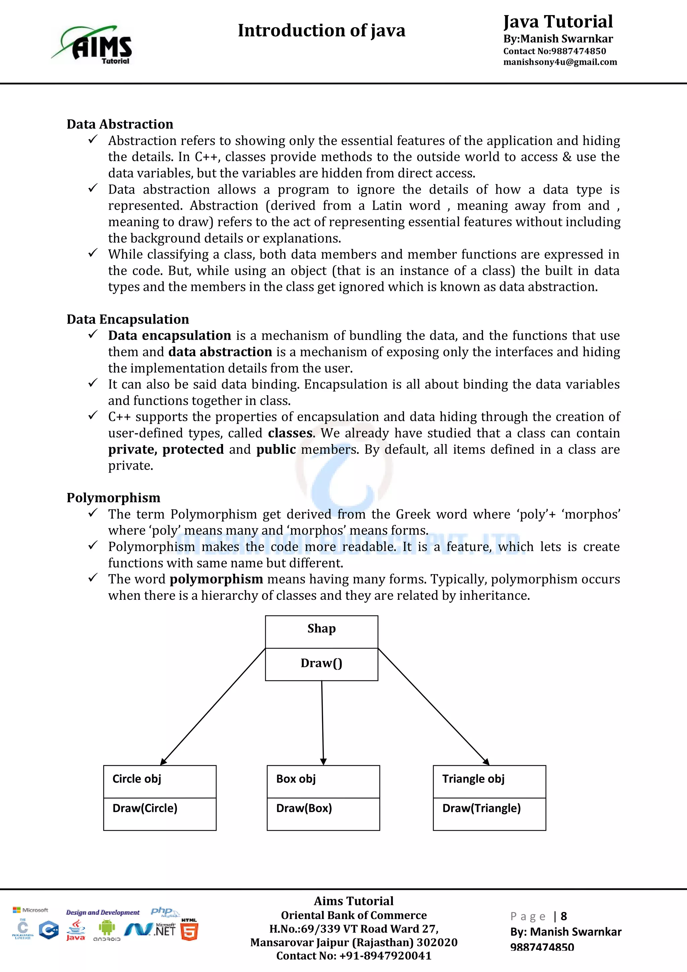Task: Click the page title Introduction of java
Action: (x=321, y=31)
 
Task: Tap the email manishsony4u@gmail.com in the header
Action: (x=560, y=62)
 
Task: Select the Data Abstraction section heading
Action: (x=120, y=124)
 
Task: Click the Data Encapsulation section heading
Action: (x=128, y=319)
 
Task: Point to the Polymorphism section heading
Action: (x=113, y=498)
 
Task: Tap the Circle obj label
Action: (x=137, y=779)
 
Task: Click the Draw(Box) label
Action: (x=304, y=808)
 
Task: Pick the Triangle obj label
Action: (x=473, y=779)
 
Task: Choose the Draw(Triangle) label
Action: (x=481, y=808)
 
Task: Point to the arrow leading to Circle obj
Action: (x=212, y=707)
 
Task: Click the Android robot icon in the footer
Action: (x=107, y=928)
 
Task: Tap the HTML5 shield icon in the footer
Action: (x=189, y=931)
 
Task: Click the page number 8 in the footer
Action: (x=564, y=917)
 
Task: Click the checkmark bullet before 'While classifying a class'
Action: (x=93, y=253)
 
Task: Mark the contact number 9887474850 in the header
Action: (x=578, y=51)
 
